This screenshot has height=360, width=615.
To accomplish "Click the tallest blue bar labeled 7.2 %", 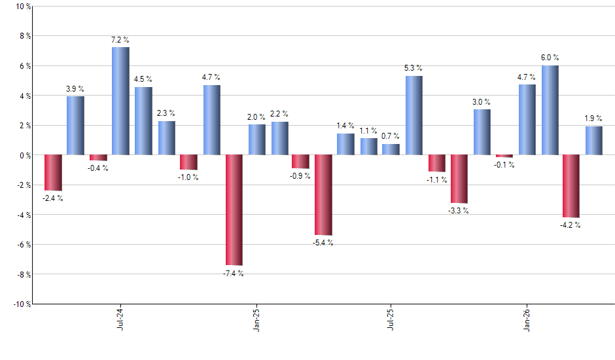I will (120, 101).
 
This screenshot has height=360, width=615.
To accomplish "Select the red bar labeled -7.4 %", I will (234, 209).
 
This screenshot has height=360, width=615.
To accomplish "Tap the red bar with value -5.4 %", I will (323, 195).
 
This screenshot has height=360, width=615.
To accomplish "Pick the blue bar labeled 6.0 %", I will (550, 110).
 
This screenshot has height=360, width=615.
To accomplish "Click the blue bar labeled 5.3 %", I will (413, 115).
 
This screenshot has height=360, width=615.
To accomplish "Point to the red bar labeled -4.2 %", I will (571, 186).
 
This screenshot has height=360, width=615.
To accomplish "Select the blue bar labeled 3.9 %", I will (75, 126).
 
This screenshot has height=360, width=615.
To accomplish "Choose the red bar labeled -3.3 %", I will (459, 179).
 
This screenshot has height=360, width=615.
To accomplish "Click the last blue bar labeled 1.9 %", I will (594, 141).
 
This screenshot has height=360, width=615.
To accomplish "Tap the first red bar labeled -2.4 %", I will (53, 173).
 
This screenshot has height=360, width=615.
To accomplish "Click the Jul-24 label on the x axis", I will (120, 319).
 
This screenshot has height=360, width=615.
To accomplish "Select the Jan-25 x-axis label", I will (256, 319).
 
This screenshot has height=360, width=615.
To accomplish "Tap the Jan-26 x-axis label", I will (528, 319).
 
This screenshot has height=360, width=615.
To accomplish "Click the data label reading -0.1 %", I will (504, 165).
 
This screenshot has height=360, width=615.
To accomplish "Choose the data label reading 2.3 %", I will (166, 113).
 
